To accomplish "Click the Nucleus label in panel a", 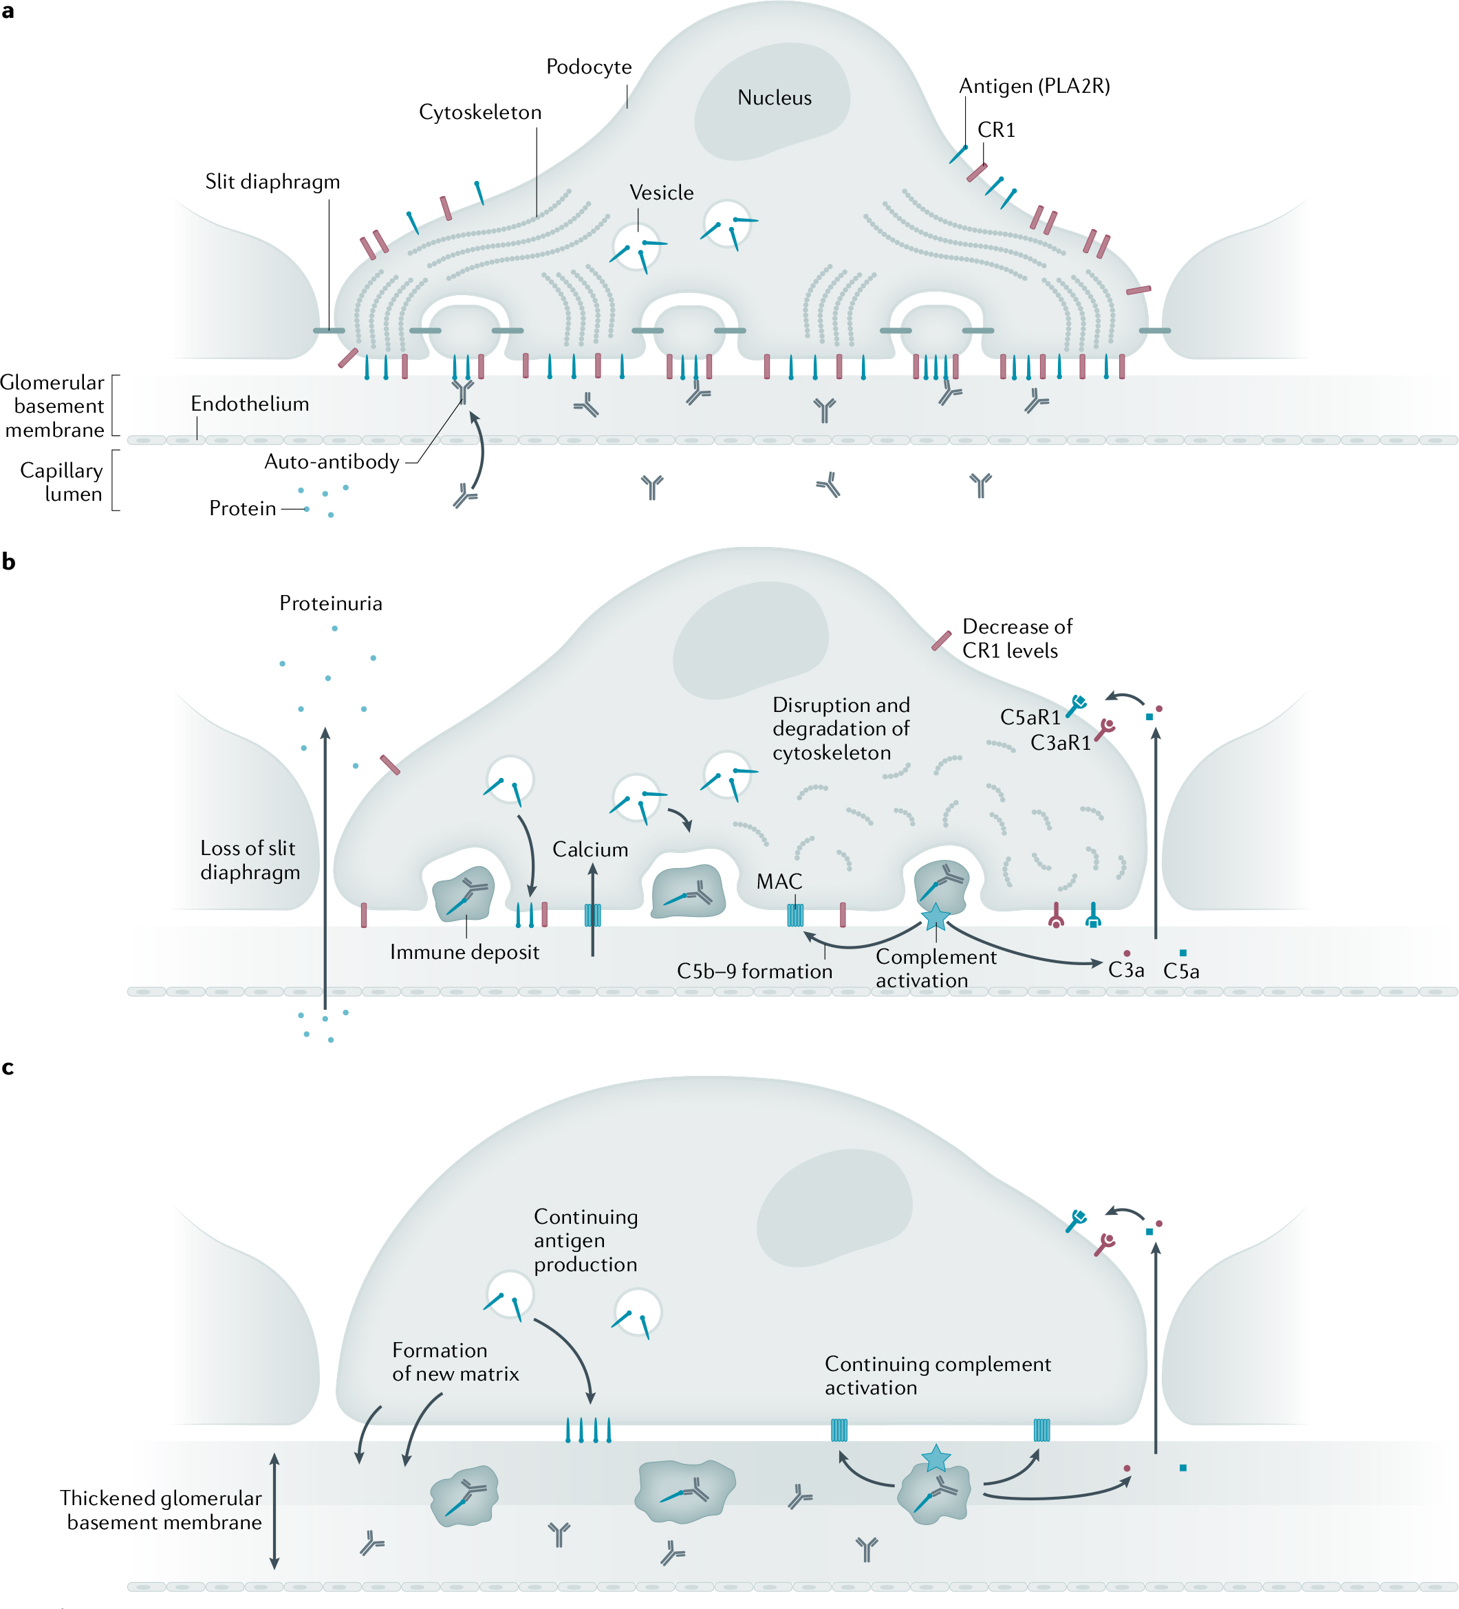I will tap(773, 98).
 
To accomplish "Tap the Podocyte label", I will tap(588, 67).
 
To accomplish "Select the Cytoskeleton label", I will tap(479, 113).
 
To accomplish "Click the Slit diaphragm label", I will tap(272, 182).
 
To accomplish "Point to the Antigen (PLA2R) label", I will tap(1034, 86).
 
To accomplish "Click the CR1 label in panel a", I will tap(995, 130).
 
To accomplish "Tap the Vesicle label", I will tap(661, 193).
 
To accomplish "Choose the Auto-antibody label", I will tap(332, 462).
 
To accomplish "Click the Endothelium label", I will tap(249, 404).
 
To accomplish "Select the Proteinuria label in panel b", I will tap(330, 603).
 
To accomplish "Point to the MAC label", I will tap(778, 881).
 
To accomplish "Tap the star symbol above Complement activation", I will tap(935, 917).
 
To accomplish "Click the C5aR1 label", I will tap(1030, 717).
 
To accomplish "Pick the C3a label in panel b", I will tap(1125, 971).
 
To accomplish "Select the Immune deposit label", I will tap(464, 952).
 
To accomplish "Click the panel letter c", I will tap(8, 1067).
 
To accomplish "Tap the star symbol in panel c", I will tap(936, 1458).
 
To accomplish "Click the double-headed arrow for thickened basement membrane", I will tap(274, 1510).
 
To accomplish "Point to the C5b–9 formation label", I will tap(753, 971).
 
